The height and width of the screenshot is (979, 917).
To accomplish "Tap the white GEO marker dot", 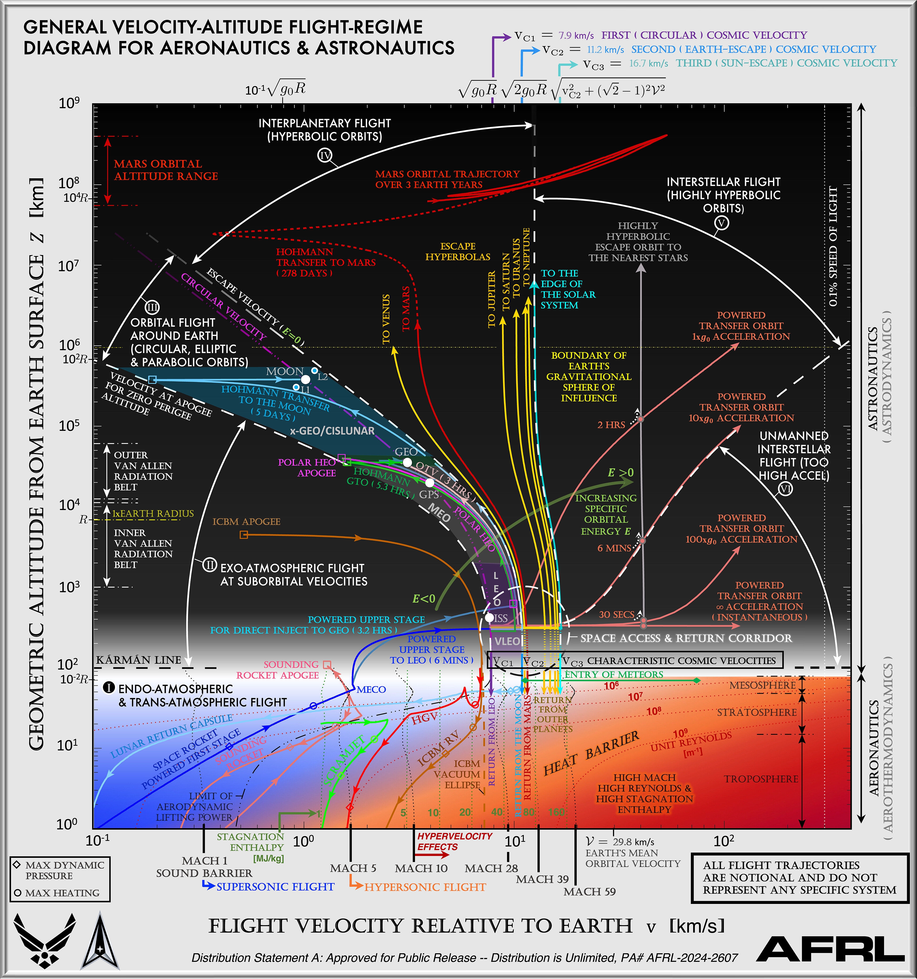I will [x=407, y=462].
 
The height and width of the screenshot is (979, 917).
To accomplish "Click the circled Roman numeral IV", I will [x=325, y=156].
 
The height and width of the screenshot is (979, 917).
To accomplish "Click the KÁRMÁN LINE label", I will [x=138, y=660].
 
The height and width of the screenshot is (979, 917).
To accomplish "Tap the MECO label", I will [x=371, y=690].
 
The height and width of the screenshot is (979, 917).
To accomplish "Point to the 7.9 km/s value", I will [x=576, y=35].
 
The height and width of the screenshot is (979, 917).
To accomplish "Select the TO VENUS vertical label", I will [x=386, y=319].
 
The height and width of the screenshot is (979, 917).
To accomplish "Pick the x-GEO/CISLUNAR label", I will [x=332, y=431].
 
